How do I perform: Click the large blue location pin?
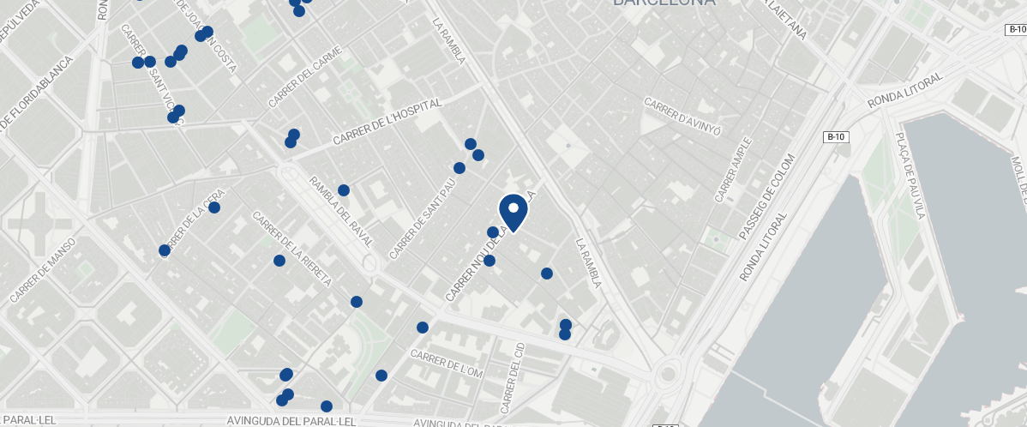click(513, 211)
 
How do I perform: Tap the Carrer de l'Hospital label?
click(387, 121)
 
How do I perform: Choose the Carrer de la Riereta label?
click(291, 249)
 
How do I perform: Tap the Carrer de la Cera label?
click(194, 220)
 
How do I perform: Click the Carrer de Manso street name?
click(43, 270)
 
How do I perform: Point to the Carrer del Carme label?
click(304, 76)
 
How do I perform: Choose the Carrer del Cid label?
click(512, 377)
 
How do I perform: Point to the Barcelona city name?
click(664, 3)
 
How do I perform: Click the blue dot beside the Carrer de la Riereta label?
click(279, 261)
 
